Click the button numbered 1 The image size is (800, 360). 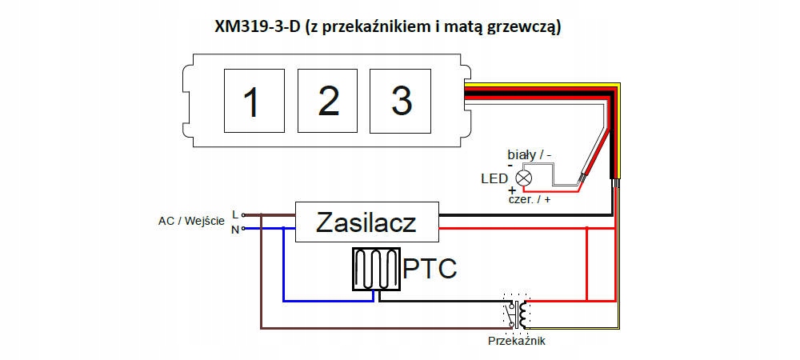point(254,101)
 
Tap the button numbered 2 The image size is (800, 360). point(327,101)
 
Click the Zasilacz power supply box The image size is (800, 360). point(367,222)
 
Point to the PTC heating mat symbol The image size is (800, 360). point(377,270)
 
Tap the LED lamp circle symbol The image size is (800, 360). point(524,178)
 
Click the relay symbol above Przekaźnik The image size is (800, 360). point(516,311)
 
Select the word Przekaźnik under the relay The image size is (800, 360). point(516,341)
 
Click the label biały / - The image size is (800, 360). point(530,154)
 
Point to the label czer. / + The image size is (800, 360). point(530,199)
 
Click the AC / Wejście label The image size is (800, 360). point(191,222)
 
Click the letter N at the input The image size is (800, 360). point(235,230)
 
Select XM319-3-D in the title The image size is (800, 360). point(257,27)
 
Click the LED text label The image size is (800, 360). point(494,178)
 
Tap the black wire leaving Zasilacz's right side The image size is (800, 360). point(526,215)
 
